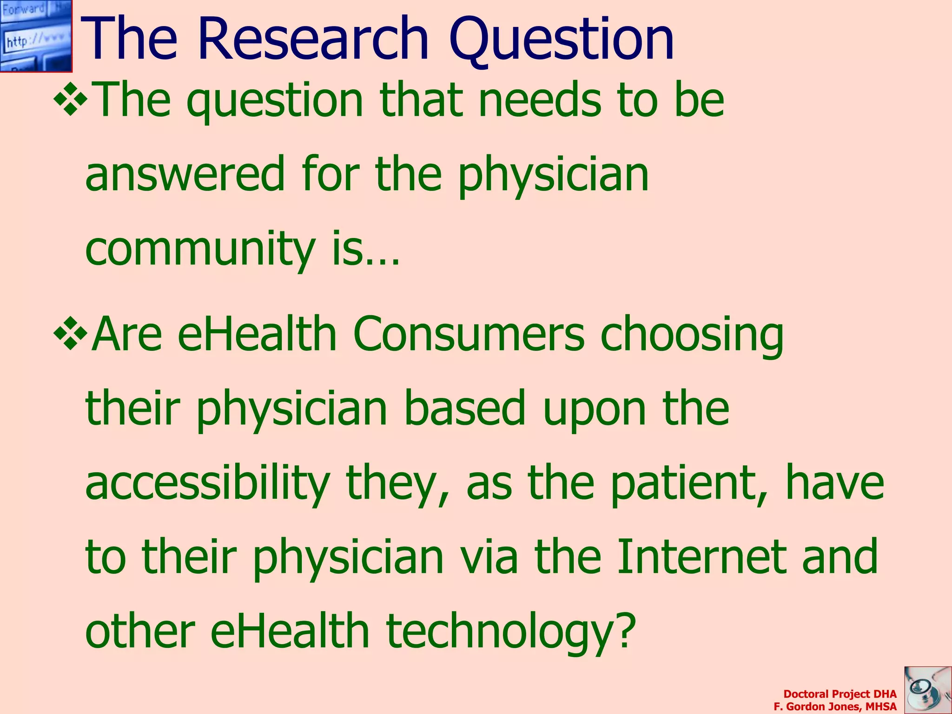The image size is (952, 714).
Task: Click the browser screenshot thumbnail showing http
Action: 36,36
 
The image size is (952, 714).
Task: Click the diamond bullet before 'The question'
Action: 70,98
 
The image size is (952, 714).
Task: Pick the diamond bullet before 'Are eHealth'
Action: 70,332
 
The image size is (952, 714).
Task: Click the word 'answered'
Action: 185,174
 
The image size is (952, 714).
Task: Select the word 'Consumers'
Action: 469,334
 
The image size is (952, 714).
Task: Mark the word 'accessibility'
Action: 207,483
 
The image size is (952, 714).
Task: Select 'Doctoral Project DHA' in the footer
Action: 840,694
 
